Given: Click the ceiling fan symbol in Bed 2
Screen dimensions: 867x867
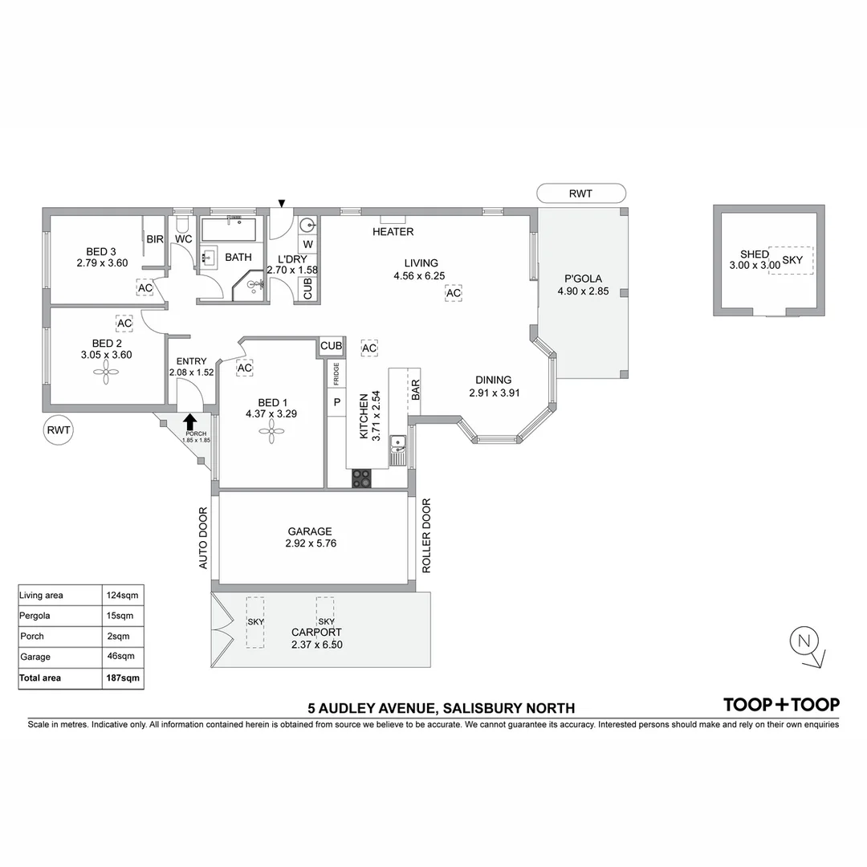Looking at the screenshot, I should click(x=105, y=372).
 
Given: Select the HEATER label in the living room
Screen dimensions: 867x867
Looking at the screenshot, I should click(x=393, y=232).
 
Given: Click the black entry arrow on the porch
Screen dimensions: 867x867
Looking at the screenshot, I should click(x=190, y=421).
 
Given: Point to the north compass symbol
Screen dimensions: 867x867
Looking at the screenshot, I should click(x=804, y=641).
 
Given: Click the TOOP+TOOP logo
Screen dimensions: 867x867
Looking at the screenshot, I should click(x=781, y=705).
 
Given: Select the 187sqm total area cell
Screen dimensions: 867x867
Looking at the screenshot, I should click(x=123, y=678).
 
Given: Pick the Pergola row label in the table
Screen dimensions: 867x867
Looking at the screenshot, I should click(x=38, y=616).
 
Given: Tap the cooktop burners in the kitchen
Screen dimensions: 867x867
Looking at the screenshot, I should click(x=362, y=478).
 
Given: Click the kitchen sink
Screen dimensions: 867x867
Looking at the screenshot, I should click(x=398, y=447).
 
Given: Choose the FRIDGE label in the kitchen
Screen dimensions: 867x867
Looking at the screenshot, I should click(x=336, y=375).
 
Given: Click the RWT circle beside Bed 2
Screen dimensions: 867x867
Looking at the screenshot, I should click(x=59, y=430).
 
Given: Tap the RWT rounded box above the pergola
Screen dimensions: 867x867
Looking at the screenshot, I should click(x=580, y=193).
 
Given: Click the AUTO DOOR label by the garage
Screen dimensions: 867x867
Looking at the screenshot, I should click(x=203, y=538).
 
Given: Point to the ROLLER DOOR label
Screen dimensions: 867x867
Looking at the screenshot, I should click(x=426, y=536).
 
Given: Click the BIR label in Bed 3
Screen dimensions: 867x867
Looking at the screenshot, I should click(x=154, y=239).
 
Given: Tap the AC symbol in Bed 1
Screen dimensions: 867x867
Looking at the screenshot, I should click(x=245, y=368).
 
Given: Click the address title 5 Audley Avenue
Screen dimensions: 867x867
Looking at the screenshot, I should click(x=442, y=708).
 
